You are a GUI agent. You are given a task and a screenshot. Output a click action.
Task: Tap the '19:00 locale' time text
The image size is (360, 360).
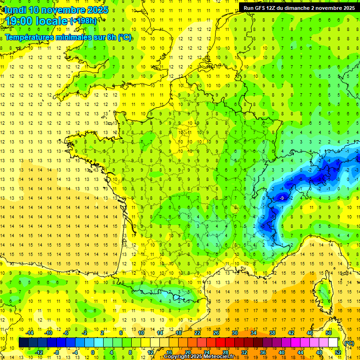[36, 22]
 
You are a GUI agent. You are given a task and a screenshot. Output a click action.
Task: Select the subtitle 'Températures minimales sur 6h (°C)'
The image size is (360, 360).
[68, 37]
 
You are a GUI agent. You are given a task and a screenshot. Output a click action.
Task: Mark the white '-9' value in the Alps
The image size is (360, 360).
[282, 198]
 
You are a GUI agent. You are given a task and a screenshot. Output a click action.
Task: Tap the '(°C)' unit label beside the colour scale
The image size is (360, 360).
[348, 343]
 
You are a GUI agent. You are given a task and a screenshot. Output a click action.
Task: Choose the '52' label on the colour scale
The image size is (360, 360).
[338, 352]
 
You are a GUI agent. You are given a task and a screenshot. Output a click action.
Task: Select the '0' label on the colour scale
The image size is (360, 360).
[93, 352]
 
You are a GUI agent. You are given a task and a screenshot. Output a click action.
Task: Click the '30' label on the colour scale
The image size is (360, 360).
[234, 333]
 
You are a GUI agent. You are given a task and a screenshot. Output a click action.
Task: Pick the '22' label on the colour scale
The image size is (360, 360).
[197, 333]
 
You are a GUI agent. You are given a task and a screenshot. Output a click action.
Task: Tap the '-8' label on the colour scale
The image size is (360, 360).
[56, 352]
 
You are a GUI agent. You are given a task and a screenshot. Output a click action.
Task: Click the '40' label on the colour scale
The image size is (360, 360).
[282, 352]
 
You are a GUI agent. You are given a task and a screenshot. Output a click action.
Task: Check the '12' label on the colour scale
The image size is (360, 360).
[150, 352]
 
